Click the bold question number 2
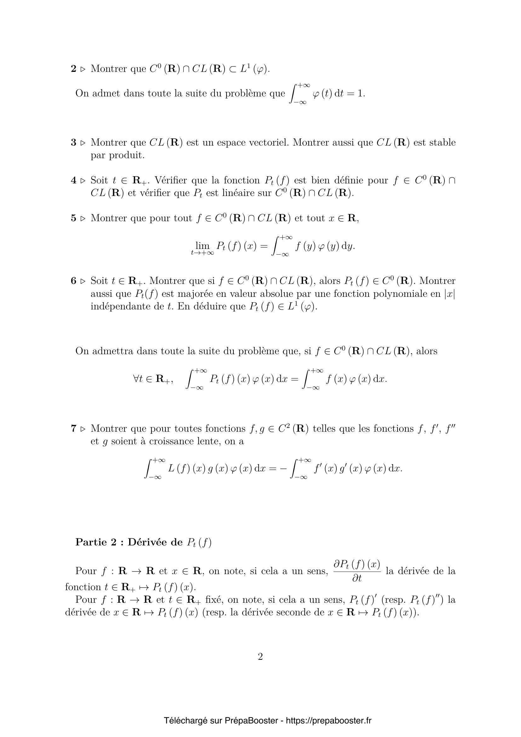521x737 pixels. click(x=73, y=69)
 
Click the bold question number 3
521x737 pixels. click(x=73, y=142)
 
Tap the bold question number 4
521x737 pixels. click(x=73, y=181)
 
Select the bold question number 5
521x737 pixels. click(x=73, y=218)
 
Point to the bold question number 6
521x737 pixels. click(x=73, y=281)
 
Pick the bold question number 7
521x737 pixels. click(x=73, y=429)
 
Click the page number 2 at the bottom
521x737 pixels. click(x=260, y=657)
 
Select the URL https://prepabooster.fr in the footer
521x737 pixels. click(x=328, y=721)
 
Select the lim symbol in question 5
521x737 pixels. click(x=202, y=246)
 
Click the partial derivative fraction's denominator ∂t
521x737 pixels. click(x=357, y=578)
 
